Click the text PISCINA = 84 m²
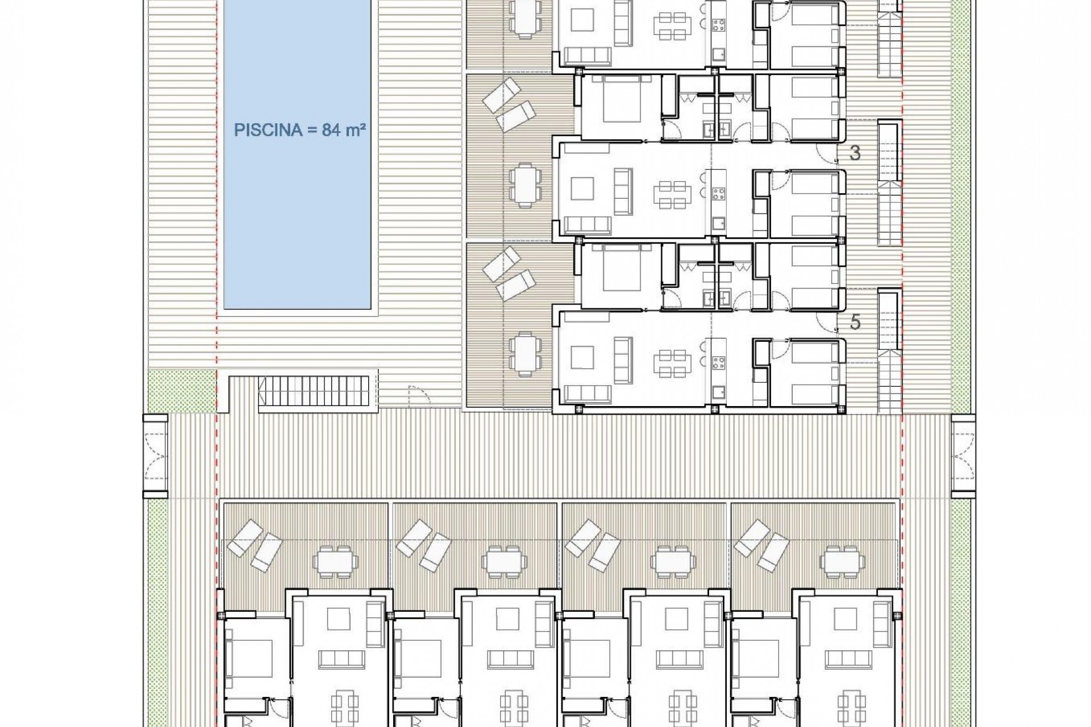coord(299,130)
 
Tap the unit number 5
coord(855,323)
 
